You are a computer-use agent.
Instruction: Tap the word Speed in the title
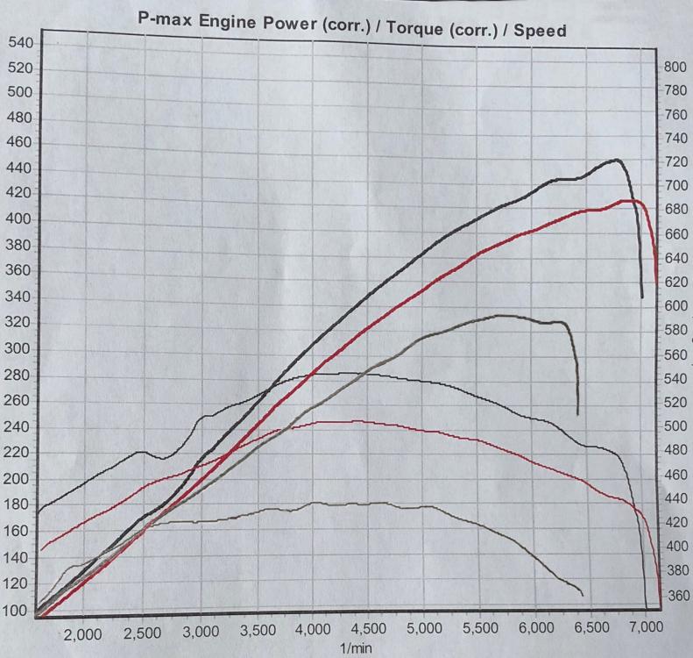point(539,31)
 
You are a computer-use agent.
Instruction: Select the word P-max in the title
point(166,20)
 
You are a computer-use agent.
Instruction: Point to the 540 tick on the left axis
point(20,43)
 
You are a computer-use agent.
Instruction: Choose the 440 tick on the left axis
point(18,168)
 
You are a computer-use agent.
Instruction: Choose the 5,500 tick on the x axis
point(479,629)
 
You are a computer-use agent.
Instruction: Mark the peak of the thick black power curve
point(617,160)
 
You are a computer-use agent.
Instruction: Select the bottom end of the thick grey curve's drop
point(577,414)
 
